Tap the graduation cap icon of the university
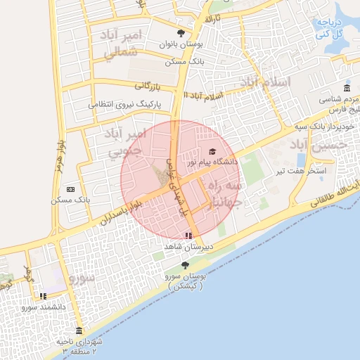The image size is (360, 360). (212, 152)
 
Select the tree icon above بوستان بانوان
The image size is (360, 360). (181, 33)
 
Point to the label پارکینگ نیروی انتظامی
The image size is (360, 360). (124, 104)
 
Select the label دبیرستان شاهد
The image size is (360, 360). (184, 247)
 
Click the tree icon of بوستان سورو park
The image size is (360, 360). (185, 265)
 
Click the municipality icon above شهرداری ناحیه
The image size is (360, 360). (78, 330)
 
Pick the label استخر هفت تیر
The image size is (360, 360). (307, 171)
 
